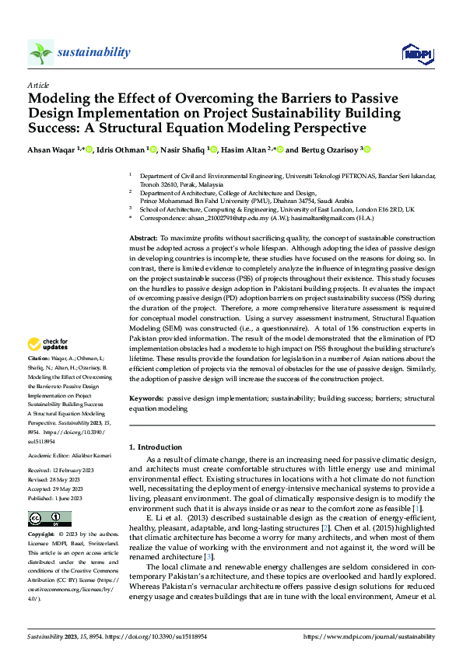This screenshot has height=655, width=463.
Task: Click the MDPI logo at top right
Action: click(416, 53)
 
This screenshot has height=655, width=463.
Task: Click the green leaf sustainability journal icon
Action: click(40, 53)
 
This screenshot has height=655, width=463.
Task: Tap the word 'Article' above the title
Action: click(38, 85)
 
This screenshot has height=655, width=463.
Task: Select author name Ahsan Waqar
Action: click(51, 149)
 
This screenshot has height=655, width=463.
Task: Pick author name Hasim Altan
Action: click(241, 149)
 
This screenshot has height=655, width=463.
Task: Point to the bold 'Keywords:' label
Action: click(146, 398)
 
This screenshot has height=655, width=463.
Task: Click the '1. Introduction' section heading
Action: click(156, 447)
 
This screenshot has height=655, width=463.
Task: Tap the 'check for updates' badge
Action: click(48, 344)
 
